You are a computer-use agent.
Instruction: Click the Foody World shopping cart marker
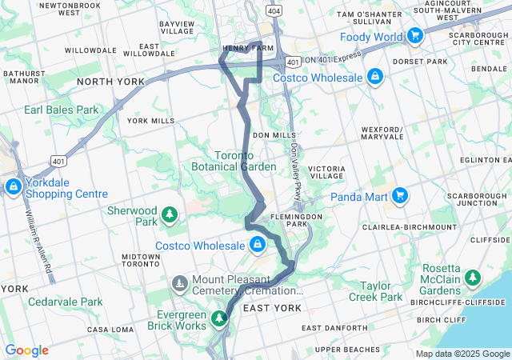tap(414, 36)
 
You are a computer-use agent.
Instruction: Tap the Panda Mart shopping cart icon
tap(400, 194)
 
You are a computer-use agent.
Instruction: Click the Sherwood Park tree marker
tap(169, 214)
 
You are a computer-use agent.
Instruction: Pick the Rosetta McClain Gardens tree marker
tap(474, 278)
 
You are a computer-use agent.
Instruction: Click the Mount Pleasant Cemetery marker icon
tap(180, 282)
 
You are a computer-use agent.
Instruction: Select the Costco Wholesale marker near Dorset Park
tap(374, 76)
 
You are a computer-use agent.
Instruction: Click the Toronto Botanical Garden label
tap(234, 161)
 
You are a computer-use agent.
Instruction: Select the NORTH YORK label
tap(110, 82)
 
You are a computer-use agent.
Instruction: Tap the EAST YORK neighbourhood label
tap(271, 308)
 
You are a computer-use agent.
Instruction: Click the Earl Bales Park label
tap(61, 110)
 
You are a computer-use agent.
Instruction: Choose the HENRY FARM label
tap(242, 48)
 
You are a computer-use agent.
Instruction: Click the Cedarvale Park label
tap(65, 302)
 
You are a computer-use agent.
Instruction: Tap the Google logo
tap(26, 350)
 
